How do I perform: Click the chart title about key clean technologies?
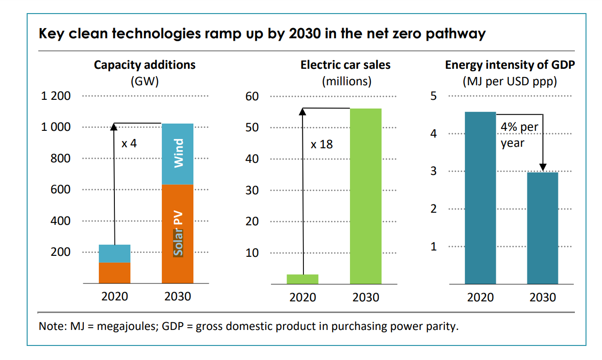[x=262, y=34]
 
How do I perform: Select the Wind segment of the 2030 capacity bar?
[x=177, y=154]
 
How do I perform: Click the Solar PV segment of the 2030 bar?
[x=177, y=234]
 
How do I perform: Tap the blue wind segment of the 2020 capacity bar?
[x=114, y=253]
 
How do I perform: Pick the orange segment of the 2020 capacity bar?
[x=114, y=272]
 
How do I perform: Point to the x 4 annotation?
[x=129, y=143]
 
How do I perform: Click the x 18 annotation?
[x=322, y=144]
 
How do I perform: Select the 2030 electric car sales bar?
[x=365, y=196]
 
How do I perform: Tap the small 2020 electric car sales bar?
[x=302, y=279]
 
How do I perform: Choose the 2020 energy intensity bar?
[x=480, y=198]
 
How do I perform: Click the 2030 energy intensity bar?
[x=542, y=228]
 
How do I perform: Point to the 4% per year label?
[x=519, y=135]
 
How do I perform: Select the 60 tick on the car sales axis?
[x=252, y=96]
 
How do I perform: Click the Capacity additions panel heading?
[x=144, y=65]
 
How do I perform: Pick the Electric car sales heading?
[x=345, y=65]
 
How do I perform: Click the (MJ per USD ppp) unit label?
[x=509, y=81]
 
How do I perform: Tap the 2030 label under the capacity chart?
[x=177, y=296]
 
